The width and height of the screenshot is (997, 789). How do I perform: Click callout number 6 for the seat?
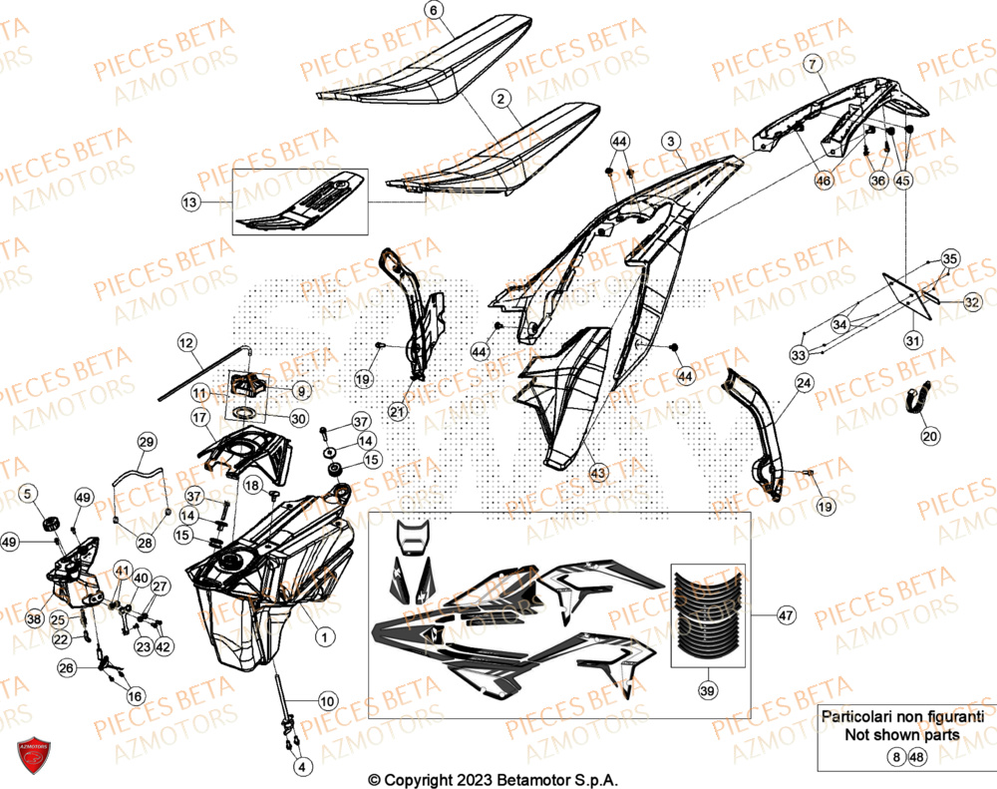click(433, 11)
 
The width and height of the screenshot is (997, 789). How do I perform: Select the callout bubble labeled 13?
click(190, 202)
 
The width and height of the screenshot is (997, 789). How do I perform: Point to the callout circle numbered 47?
click(786, 616)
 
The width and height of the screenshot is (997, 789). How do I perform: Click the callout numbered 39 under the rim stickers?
click(707, 689)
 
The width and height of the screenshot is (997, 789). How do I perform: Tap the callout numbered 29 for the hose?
click(147, 442)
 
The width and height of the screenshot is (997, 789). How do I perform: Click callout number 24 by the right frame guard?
click(804, 383)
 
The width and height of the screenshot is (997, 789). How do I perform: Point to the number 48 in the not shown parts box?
click(916, 758)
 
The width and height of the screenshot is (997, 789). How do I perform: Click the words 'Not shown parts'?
click(901, 735)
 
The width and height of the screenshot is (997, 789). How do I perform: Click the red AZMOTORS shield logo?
click(35, 757)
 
